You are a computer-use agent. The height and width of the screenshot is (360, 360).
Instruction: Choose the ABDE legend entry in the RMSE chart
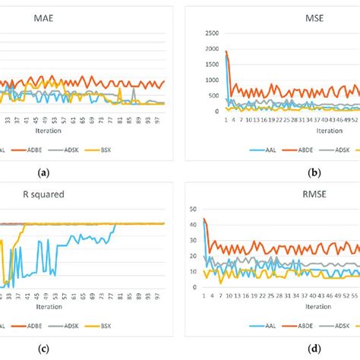click(x=305, y=324)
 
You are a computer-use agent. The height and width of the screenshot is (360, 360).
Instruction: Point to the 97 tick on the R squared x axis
click(x=156, y=295)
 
